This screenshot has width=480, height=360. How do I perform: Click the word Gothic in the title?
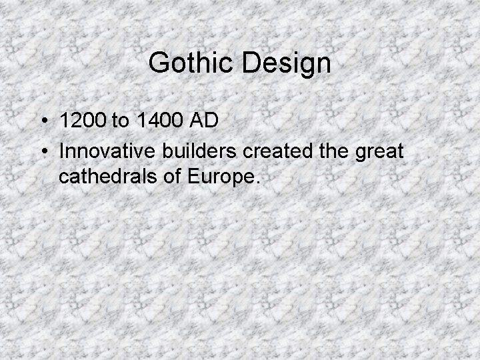(193, 63)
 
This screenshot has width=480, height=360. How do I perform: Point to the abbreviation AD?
(203, 122)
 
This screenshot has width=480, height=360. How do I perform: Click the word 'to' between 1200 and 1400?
(121, 122)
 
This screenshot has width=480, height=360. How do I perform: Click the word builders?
(196, 151)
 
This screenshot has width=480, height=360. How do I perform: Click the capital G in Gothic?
(159, 63)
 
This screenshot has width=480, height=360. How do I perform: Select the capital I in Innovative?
(62, 151)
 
